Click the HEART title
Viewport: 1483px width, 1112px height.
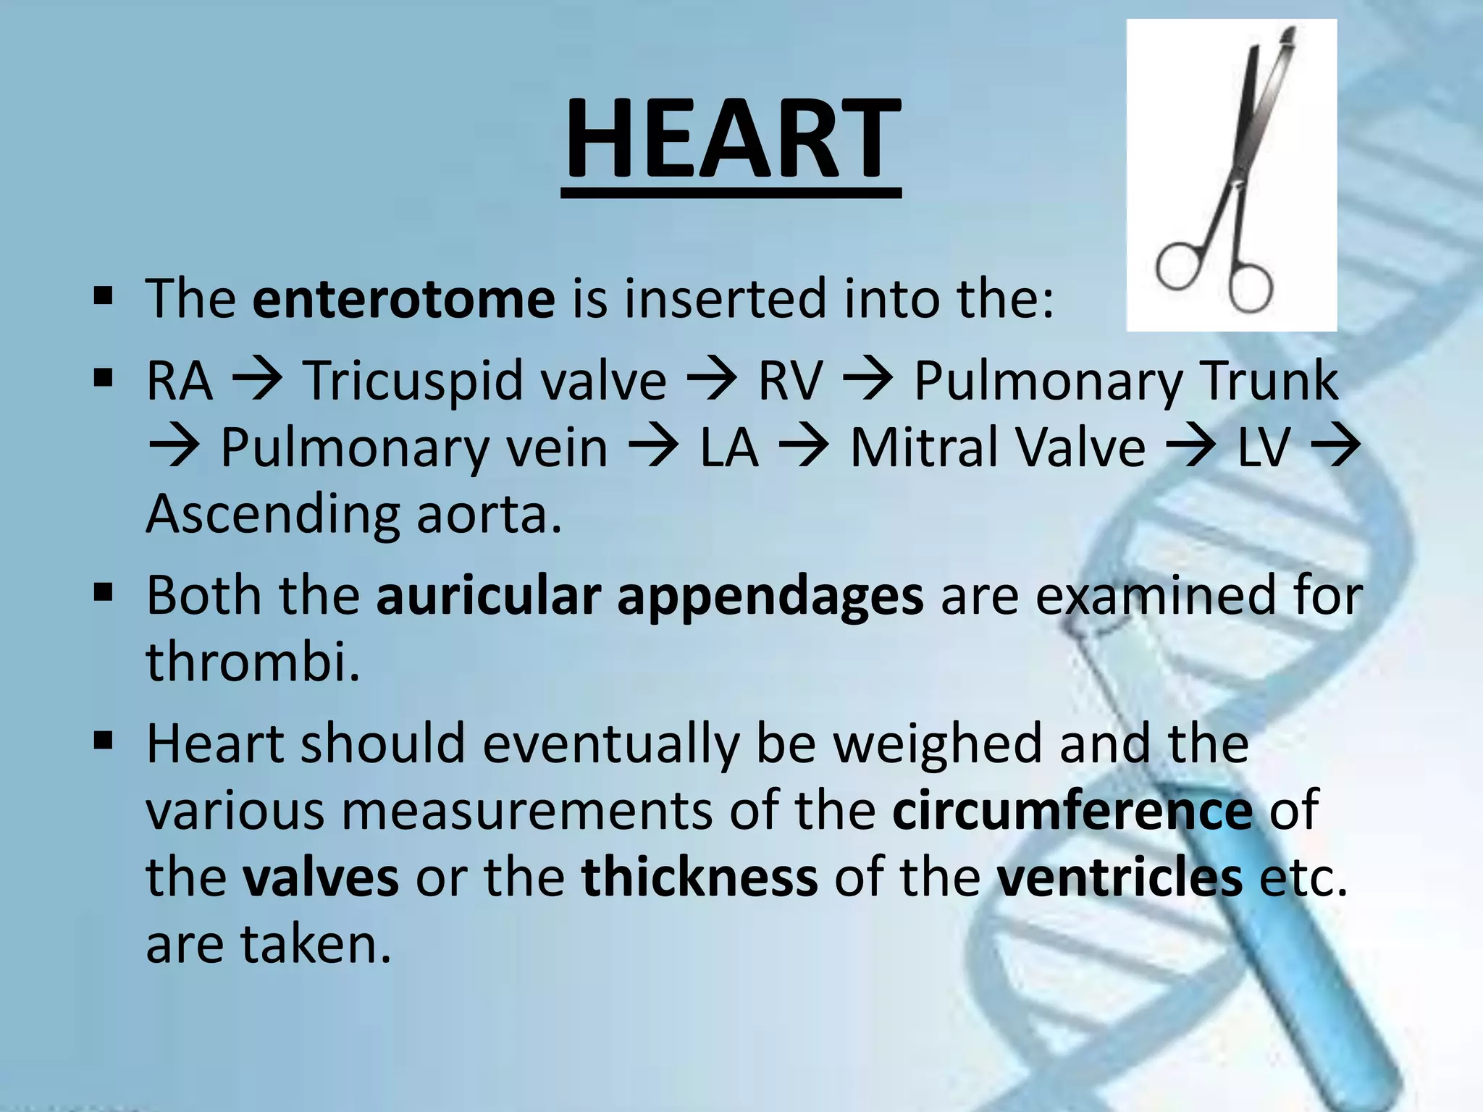tap(731, 139)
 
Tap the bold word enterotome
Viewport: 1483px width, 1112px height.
tap(403, 298)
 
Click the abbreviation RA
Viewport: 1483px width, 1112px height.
tap(180, 381)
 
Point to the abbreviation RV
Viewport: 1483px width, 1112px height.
tap(791, 381)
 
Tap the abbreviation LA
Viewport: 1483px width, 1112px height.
tap(729, 448)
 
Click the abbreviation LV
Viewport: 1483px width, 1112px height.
tap(1264, 448)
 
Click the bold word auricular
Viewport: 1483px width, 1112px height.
tap(488, 596)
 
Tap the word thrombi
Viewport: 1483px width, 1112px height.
tap(253, 662)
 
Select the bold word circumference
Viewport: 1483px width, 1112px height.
tap(1072, 810)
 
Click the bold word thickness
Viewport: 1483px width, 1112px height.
tap(700, 877)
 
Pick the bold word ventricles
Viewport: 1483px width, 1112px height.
tap(1119, 877)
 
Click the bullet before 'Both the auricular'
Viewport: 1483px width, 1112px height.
tap(104, 594)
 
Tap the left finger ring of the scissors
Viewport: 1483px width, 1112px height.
tap(1180, 266)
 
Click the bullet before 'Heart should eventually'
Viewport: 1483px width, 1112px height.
tap(104, 741)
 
